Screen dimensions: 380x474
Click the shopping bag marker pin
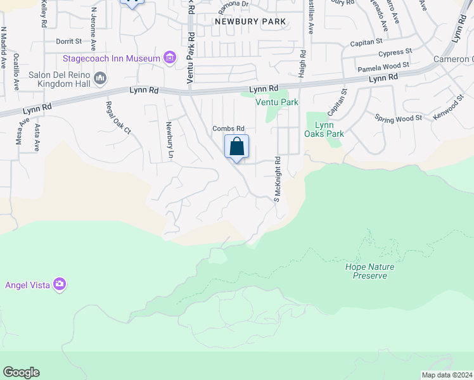point(236,148)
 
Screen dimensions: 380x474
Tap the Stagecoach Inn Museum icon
point(170,59)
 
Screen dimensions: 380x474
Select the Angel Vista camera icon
point(60,284)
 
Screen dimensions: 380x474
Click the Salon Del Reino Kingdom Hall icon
point(100,78)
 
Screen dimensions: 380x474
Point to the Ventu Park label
point(276,102)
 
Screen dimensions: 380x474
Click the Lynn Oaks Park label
point(325,129)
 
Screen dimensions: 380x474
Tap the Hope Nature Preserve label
point(369,271)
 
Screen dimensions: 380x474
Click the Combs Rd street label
point(228,129)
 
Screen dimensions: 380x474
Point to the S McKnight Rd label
point(277,180)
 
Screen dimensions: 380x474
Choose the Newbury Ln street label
point(170,139)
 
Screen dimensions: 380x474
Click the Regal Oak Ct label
point(118,118)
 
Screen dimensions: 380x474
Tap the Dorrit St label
point(69,41)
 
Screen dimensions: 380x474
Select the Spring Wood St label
point(398,118)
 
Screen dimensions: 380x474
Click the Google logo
point(21,372)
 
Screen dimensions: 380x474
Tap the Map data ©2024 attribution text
point(447,375)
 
